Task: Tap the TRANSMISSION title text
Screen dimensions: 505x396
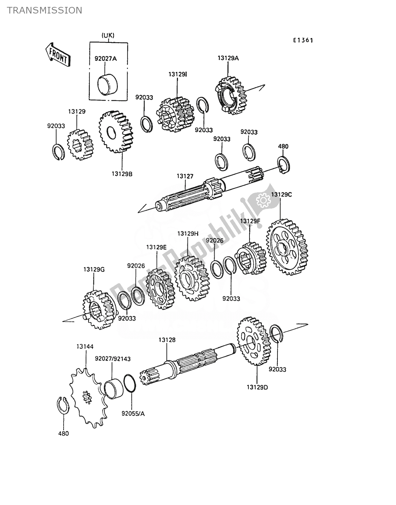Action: [45, 10]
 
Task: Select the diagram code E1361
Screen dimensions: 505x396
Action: [303, 40]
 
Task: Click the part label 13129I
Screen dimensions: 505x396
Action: [178, 74]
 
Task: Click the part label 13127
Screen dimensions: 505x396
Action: [185, 176]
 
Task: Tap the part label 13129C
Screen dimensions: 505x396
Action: [281, 195]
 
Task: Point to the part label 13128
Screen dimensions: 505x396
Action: [167, 340]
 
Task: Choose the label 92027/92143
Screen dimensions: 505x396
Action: [113, 359]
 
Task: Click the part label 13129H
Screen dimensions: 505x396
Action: [188, 233]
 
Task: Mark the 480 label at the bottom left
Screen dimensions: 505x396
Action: [64, 433]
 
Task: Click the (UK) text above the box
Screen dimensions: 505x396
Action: [108, 35]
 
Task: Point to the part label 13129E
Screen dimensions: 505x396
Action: [156, 247]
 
